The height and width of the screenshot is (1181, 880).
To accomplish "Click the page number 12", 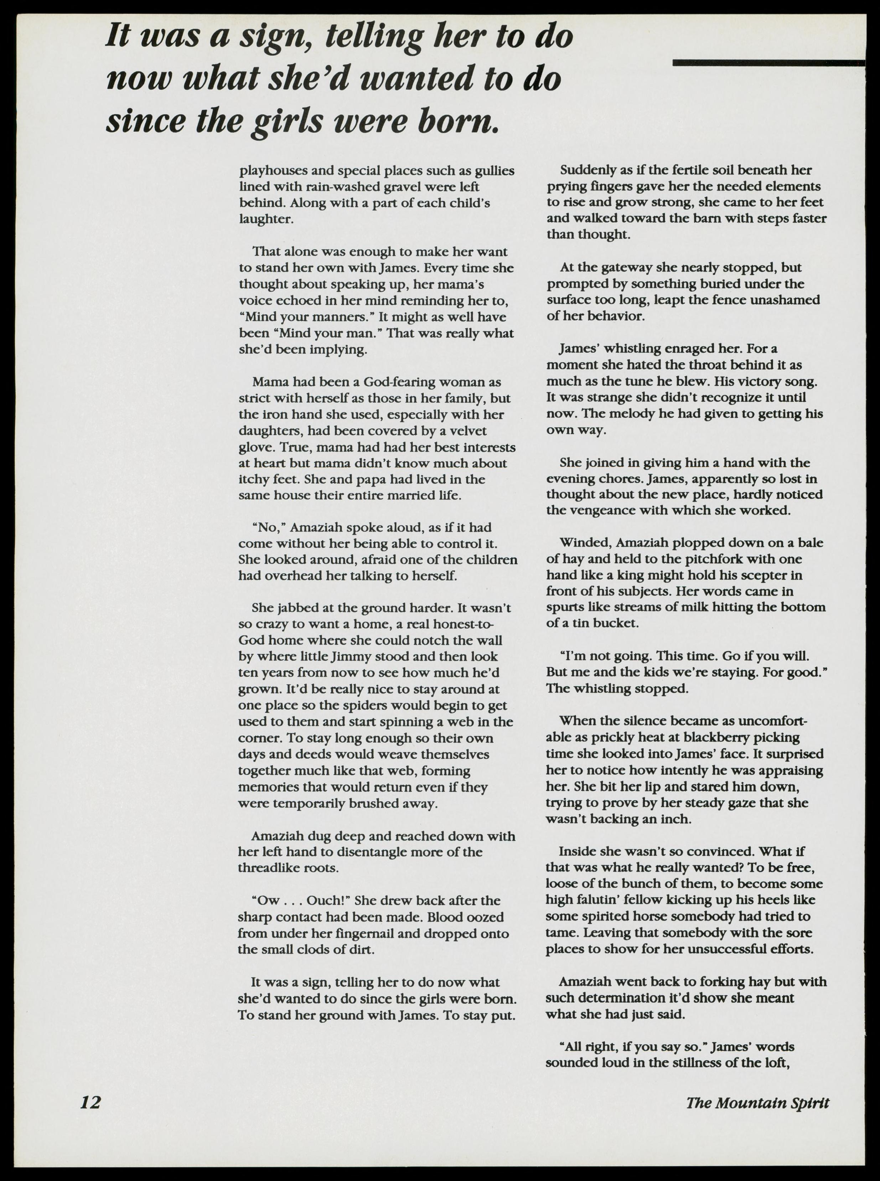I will [90, 1101].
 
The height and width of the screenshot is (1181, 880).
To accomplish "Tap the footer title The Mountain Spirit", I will [757, 1102].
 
